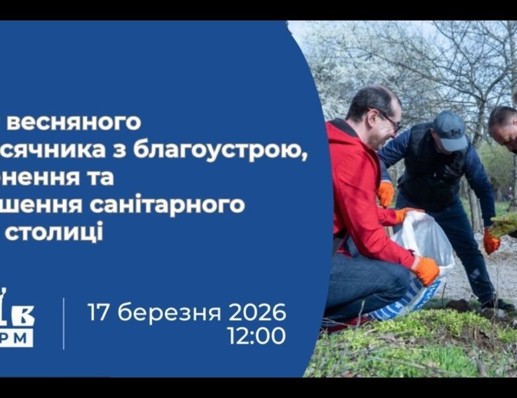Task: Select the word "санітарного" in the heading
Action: point(174,206)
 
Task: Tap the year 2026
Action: point(257,312)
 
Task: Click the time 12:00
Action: point(257,336)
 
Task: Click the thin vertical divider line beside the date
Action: point(64,323)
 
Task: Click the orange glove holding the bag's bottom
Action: point(426,270)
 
